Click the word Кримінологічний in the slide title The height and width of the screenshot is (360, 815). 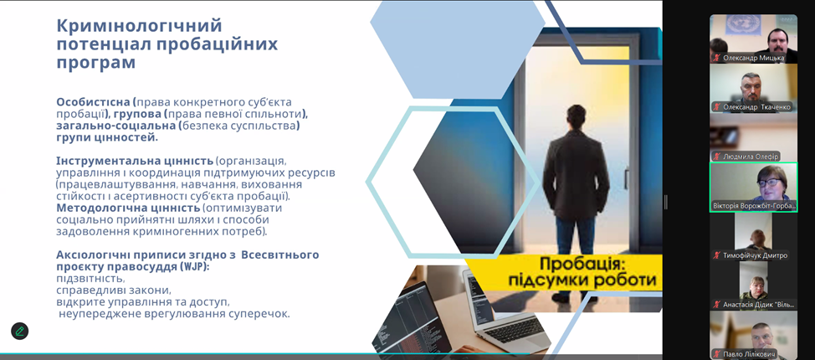[x=139, y=26]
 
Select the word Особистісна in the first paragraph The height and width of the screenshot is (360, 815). [x=94, y=102]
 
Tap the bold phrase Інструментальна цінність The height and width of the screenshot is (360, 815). [x=135, y=160]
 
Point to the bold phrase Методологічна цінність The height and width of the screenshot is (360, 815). [x=128, y=208]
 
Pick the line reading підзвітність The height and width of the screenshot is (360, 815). [x=90, y=279]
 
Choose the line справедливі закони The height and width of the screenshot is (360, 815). [x=113, y=291]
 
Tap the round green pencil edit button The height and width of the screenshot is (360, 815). [x=20, y=331]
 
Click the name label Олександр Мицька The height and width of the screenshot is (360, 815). [x=753, y=58]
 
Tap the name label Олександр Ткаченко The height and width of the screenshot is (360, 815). [x=756, y=107]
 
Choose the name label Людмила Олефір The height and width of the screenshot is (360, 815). [x=751, y=156]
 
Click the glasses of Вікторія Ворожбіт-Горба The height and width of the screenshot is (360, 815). [x=772, y=183]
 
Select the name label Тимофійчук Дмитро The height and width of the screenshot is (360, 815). [x=755, y=255]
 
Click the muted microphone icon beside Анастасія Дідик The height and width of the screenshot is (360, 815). [x=717, y=305]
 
